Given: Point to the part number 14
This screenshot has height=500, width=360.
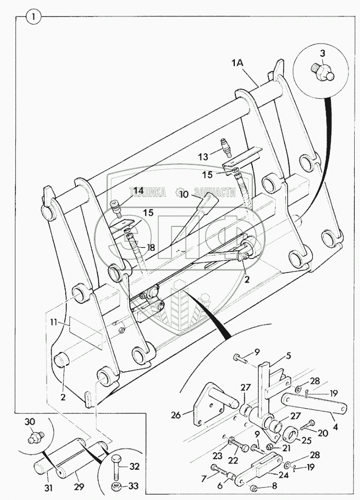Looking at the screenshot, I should click(124, 190).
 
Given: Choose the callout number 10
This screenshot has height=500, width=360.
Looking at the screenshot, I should click(183, 195).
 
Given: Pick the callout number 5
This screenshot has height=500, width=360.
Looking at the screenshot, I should click(274, 356).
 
